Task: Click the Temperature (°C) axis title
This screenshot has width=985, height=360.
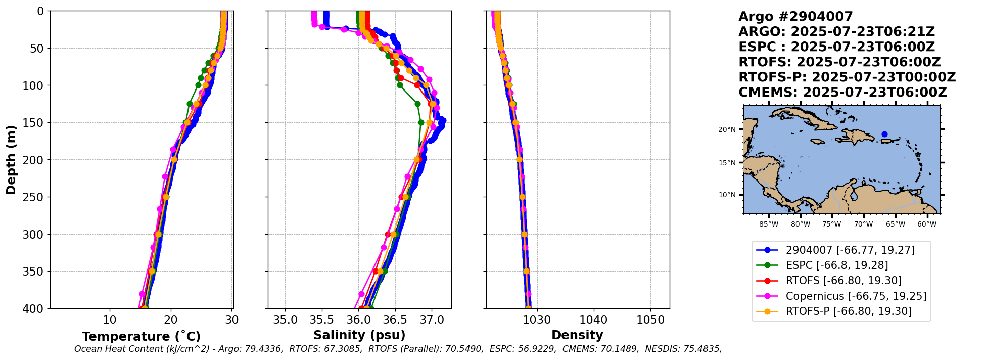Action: click(x=141, y=336)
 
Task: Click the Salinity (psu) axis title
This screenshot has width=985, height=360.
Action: click(x=359, y=335)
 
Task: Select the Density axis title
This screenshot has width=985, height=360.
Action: click(x=577, y=335)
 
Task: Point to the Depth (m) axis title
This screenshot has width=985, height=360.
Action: click(x=11, y=160)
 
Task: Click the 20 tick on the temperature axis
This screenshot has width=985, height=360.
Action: click(x=171, y=320)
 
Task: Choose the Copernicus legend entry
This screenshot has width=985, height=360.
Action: click(x=856, y=296)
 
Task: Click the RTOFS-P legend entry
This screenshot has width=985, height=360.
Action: click(x=849, y=311)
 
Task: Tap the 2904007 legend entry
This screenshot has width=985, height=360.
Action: click(x=850, y=250)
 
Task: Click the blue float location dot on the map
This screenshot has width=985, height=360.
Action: click(x=884, y=134)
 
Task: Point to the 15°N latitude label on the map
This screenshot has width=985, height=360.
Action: click(x=727, y=163)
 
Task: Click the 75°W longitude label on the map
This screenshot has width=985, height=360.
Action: click(x=831, y=224)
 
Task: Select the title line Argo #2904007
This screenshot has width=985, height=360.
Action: click(x=795, y=17)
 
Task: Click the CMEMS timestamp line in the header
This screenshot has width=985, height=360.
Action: click(x=842, y=93)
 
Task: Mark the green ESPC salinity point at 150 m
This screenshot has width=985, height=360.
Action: click(x=421, y=122)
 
